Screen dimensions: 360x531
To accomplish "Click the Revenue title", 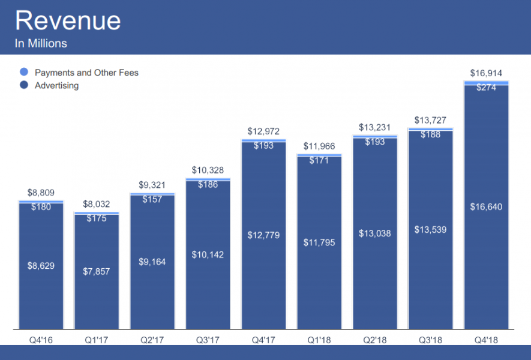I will click(67, 21).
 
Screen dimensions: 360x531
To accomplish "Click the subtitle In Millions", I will click(41, 43).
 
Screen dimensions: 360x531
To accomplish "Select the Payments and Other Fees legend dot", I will click(23, 73).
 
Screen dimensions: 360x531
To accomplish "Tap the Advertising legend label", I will click(56, 85).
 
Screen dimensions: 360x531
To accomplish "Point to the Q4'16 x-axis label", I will click(40, 340).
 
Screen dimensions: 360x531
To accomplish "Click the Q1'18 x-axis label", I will click(319, 340).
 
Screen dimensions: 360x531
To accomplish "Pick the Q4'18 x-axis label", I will click(487, 340).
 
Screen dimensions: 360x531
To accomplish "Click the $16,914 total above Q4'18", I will click(486, 74).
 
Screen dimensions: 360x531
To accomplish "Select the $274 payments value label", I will click(487, 88).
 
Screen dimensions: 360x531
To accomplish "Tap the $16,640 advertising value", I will click(487, 207).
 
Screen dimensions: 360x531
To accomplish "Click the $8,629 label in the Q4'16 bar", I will click(41, 265).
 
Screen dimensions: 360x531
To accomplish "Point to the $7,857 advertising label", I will click(96, 271).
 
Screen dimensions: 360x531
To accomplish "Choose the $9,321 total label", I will click(152, 185).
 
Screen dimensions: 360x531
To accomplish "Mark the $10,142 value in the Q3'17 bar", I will click(208, 254).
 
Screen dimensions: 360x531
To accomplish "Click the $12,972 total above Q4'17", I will click(263, 131).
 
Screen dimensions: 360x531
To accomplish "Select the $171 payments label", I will click(319, 160).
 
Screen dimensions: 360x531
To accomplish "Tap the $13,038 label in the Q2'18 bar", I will click(375, 233).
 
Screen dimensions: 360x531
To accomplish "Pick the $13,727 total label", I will click(430, 121).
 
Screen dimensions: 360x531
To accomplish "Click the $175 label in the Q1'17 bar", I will click(96, 218).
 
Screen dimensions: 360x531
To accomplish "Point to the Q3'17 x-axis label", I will click(208, 340).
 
